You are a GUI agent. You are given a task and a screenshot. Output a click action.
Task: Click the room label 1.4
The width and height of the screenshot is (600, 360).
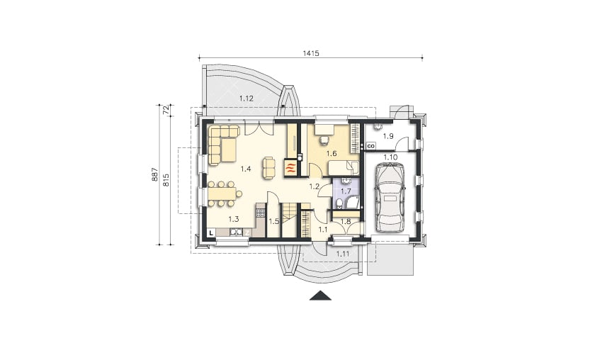[246, 169]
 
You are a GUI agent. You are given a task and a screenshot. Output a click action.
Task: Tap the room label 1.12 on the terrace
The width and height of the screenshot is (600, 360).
[247, 99]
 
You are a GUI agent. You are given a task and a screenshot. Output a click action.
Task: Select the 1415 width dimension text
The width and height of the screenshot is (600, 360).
[311, 53]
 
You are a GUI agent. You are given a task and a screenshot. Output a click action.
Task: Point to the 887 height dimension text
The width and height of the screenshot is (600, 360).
[154, 174]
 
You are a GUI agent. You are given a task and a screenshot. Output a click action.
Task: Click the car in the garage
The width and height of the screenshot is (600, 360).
[390, 197]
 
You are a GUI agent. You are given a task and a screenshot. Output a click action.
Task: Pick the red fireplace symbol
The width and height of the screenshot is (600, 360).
[290, 167]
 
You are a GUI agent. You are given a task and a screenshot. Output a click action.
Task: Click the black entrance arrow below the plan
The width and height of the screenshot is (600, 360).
[320, 296]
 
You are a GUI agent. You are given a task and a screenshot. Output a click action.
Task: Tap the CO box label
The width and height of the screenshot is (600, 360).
[370, 146]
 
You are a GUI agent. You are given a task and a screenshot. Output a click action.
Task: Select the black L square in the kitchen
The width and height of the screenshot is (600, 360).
[211, 232]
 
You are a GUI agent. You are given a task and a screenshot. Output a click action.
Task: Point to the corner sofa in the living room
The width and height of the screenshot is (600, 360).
[222, 144]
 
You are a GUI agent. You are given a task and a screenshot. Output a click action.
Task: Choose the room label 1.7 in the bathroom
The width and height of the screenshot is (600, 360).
[346, 191]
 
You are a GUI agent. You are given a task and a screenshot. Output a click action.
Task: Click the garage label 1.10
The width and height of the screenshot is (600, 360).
[390, 157]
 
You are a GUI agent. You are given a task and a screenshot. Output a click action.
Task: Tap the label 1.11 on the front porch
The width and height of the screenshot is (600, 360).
[343, 253]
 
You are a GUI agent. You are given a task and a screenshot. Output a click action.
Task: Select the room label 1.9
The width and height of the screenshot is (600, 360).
[388, 136]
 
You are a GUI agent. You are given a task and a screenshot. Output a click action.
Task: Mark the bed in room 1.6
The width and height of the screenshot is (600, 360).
[344, 168]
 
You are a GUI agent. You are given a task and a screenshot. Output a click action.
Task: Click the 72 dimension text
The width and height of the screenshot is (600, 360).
[166, 111]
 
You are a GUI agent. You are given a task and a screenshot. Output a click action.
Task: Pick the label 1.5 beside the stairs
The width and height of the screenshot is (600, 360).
[273, 221]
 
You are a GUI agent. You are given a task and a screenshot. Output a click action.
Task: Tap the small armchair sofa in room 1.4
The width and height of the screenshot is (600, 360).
[268, 168]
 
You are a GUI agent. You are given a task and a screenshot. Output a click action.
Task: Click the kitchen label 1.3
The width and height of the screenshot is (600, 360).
[234, 219]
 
